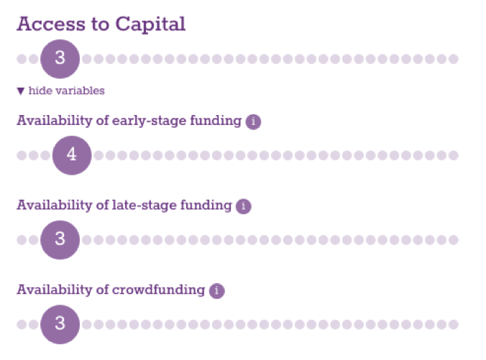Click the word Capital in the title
(150, 24)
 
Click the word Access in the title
(51, 24)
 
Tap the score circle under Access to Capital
(60, 59)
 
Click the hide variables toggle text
(67, 91)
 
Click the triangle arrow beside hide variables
(21, 91)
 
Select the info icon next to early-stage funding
(253, 121)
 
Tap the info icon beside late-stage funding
(243, 206)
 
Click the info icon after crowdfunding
(216, 291)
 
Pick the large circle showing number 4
(72, 155)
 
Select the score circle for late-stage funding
(60, 240)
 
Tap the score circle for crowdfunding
(60, 324)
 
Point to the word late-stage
(144, 206)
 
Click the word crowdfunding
(158, 290)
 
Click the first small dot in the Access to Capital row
(22, 59)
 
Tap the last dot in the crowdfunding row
(454, 324)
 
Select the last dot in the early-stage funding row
(454, 155)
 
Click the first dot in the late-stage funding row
(22, 240)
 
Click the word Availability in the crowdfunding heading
(55, 290)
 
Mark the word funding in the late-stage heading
(206, 206)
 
